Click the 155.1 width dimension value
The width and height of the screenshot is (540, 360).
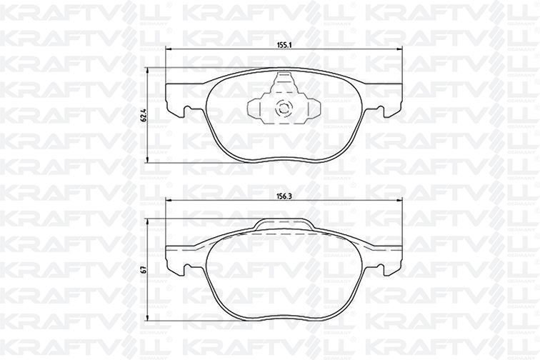[x=284, y=45]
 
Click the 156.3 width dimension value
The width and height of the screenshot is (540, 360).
[x=284, y=196]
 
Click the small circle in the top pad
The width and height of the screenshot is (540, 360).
[x=284, y=108]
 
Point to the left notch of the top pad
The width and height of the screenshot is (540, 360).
[x=188, y=109]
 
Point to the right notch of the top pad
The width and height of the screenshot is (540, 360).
[x=380, y=109]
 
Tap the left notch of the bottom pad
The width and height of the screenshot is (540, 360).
[x=188, y=268]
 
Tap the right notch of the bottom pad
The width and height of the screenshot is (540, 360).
[x=380, y=268]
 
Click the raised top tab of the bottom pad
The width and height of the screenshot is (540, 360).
[x=284, y=224]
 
